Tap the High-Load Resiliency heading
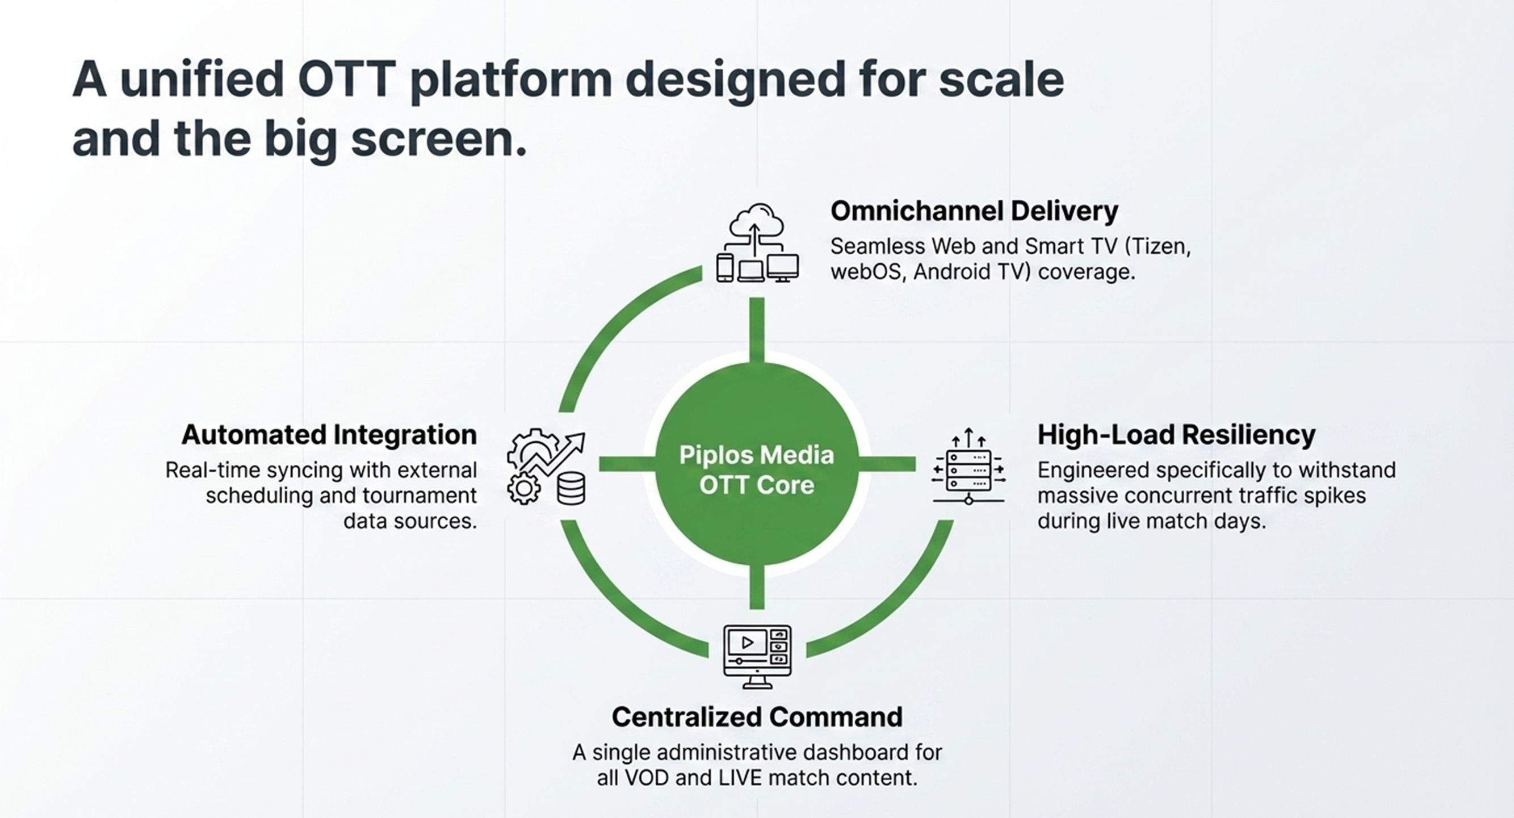click(x=1176, y=435)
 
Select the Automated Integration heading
click(x=329, y=435)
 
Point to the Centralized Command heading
click(x=757, y=717)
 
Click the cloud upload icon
click(x=756, y=223)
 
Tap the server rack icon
click(x=968, y=470)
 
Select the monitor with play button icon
click(x=757, y=656)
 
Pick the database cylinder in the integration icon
click(x=571, y=489)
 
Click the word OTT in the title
click(x=346, y=79)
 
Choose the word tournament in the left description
click(x=420, y=496)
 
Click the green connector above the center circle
click(x=757, y=329)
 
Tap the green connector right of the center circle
click(x=887, y=464)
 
